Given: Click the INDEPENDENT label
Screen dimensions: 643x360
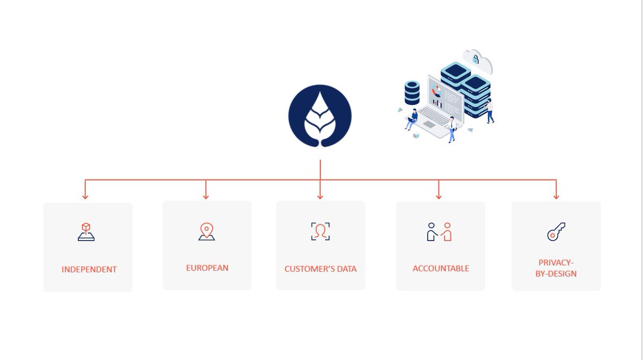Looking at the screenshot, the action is point(89,269).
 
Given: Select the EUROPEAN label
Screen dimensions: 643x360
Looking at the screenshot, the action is point(207,268).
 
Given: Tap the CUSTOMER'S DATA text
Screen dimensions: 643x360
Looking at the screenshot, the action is point(320,269).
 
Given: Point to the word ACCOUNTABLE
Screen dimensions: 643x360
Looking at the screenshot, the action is point(440,269).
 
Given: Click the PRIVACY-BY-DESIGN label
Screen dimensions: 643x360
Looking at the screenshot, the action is point(556,268).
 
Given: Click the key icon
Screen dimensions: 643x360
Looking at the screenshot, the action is point(556,231).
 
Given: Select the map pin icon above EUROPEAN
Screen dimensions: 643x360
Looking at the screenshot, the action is point(207,231).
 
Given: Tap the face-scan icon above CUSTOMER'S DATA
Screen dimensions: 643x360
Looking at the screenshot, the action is point(320,231).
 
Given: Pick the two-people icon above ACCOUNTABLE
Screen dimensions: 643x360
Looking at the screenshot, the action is point(439,231).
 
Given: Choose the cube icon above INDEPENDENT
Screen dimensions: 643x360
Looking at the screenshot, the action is point(86,231).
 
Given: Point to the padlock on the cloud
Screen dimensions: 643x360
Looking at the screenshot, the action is point(476,59).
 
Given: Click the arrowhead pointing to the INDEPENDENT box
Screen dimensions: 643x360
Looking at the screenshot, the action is point(85,197).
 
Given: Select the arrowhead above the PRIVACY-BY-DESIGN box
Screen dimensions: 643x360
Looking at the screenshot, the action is point(556,197).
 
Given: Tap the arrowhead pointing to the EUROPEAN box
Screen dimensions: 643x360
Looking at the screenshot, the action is point(206,197).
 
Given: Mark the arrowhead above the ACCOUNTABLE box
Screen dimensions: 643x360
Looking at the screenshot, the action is point(438,197).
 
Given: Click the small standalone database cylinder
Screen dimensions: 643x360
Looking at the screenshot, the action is point(412,93).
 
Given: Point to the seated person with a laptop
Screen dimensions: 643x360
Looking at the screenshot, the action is point(412,119).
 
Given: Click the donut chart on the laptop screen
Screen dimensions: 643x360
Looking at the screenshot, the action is point(436,91).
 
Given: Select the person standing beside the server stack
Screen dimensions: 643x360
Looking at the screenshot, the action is point(490,111).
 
